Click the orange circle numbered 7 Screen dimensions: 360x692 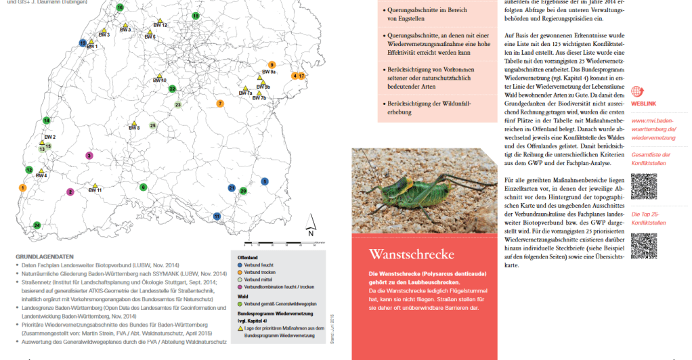click(220, 104)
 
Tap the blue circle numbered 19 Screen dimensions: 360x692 click(83, 43)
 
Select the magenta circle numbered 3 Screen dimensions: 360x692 click(89, 156)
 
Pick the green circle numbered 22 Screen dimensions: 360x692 click(172, 89)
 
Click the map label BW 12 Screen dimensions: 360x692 click(160, 25)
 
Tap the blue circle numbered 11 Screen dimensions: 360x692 click(217, 216)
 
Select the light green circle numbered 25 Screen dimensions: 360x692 click(153, 125)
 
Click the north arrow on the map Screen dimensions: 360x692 click(309, 223)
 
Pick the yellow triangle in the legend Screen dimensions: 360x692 click(240, 328)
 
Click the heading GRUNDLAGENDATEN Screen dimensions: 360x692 click(44, 257)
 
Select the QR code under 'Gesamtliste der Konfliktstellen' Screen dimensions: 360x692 click(643, 186)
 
